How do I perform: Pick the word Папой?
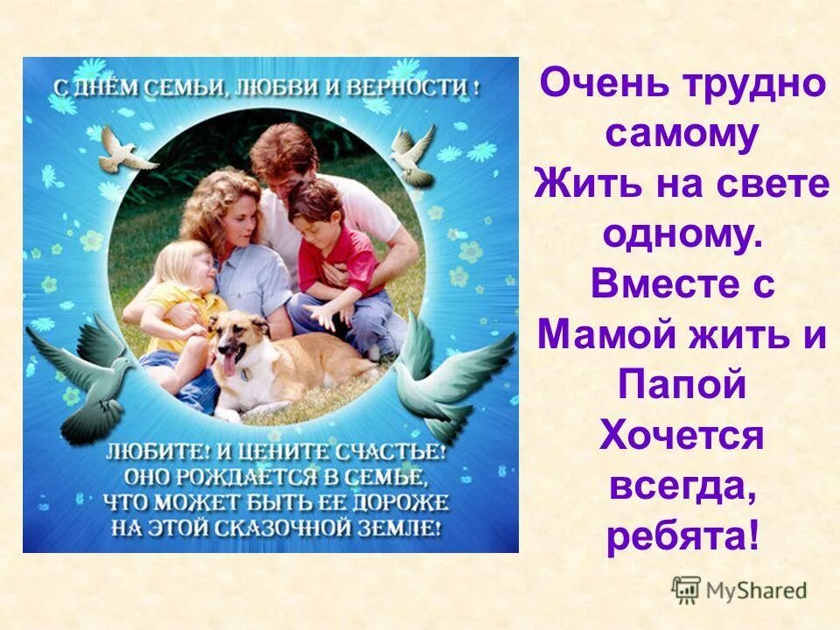tap(682, 386)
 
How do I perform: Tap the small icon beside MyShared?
tap(686, 589)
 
